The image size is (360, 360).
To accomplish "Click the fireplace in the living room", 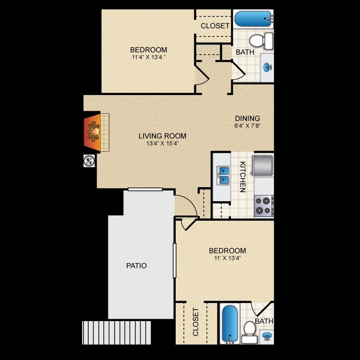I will pyautogui.click(x=93, y=132).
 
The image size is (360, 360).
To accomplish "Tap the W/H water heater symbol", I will pyautogui.click(x=89, y=161).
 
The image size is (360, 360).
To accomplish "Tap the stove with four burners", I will pyautogui.click(x=264, y=205).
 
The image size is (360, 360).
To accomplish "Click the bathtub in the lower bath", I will pyautogui.click(x=230, y=324).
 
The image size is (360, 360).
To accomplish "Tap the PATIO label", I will pyautogui.click(x=137, y=265).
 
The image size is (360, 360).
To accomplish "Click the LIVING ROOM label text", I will pyautogui.click(x=162, y=136).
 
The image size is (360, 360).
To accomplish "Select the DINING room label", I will pyautogui.click(x=247, y=119).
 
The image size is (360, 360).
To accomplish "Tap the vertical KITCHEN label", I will pyautogui.click(x=242, y=177).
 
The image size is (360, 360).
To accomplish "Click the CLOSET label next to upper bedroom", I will pyautogui.click(x=215, y=25).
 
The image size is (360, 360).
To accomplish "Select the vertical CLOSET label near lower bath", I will pyautogui.click(x=195, y=322).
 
